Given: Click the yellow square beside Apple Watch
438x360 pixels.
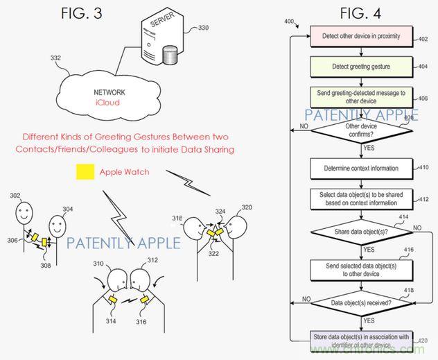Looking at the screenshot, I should (x=86, y=171).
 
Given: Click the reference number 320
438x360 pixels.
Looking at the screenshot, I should (x=247, y=207).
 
